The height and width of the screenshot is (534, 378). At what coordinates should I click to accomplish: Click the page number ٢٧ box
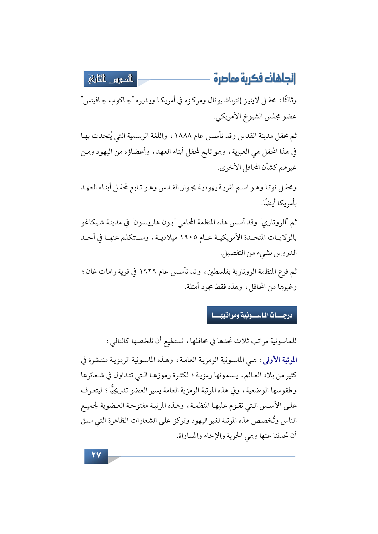pos(96,456)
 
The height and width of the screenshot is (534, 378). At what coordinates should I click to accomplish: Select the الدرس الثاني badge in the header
pos(110,79)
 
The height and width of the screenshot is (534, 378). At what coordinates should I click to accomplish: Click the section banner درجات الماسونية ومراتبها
pos(252,315)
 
